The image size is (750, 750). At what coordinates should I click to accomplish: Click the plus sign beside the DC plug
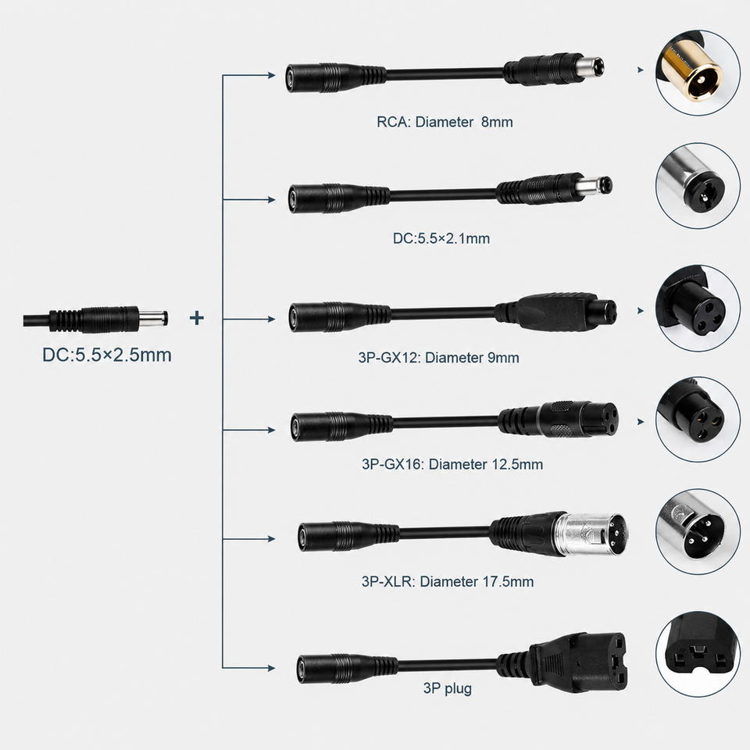(x=197, y=318)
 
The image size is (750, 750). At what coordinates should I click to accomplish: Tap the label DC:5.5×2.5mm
(x=107, y=355)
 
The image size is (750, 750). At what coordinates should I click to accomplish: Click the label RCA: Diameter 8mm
(x=445, y=122)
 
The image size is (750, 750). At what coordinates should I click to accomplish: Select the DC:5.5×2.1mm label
(x=441, y=238)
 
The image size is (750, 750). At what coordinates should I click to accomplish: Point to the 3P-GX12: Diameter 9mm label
(x=438, y=357)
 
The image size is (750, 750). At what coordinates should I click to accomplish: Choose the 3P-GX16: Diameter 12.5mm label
(x=452, y=464)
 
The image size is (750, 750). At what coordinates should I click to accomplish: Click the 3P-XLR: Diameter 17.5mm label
(x=448, y=581)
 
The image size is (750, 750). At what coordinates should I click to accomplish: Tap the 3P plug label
(x=447, y=688)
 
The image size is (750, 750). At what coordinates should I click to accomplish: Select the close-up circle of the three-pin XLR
(x=698, y=531)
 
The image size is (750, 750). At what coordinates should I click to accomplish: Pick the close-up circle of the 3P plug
(x=698, y=654)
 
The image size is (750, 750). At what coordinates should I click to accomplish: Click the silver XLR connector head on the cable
(x=590, y=534)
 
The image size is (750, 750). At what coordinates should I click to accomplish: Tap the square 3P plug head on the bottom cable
(x=579, y=662)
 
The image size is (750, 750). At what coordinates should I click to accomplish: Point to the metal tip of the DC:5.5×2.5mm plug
(x=153, y=318)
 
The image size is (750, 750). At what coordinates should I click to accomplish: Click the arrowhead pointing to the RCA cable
(x=271, y=75)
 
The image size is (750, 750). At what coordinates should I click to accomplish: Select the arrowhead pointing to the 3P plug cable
(x=271, y=668)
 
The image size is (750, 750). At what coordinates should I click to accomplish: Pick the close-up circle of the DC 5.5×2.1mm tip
(x=698, y=185)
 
